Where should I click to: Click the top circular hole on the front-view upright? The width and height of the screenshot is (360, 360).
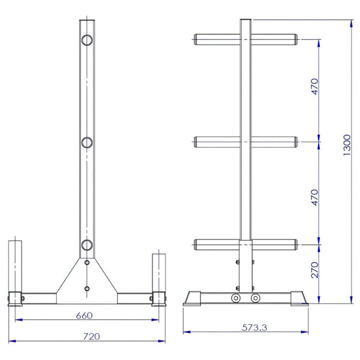coord(88,40)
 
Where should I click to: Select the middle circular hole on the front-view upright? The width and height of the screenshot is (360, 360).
coord(88,143)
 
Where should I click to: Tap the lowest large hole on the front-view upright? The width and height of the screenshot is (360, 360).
coord(88,245)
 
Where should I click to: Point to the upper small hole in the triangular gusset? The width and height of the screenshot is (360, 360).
coord(88,263)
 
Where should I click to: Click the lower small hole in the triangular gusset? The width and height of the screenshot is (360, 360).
coord(88,289)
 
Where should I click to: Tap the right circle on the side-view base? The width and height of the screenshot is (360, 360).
coord(256,298)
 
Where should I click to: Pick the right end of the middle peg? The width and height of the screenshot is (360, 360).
coord(295,142)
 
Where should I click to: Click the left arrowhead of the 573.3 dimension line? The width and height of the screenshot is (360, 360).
coord(185,330)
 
